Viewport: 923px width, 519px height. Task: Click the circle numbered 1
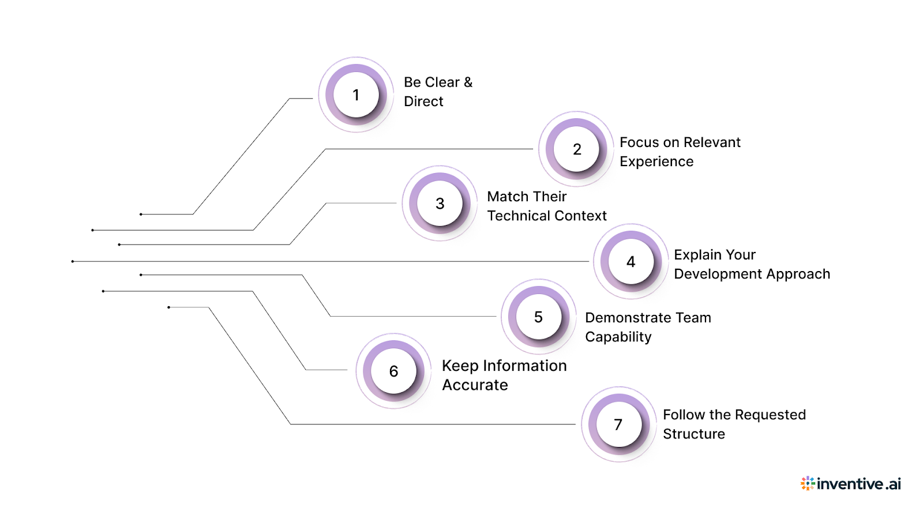(x=356, y=95)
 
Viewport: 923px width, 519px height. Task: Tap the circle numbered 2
(x=576, y=149)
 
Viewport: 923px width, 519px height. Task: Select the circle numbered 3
(x=440, y=204)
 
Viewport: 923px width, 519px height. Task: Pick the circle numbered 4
(x=631, y=262)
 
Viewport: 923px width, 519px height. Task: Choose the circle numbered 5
(x=538, y=317)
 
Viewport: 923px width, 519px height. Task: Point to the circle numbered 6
(x=393, y=371)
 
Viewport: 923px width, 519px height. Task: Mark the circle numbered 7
(x=618, y=425)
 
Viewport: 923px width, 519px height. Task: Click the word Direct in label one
(x=423, y=101)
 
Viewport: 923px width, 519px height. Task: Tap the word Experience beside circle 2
(x=656, y=162)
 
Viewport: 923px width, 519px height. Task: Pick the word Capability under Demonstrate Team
(x=618, y=337)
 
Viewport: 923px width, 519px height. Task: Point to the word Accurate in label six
(x=475, y=385)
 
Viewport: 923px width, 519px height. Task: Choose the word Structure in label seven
(x=693, y=434)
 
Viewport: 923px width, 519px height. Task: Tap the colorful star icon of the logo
(x=808, y=483)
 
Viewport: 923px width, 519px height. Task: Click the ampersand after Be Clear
(x=468, y=82)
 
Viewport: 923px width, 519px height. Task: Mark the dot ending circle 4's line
(x=73, y=262)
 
